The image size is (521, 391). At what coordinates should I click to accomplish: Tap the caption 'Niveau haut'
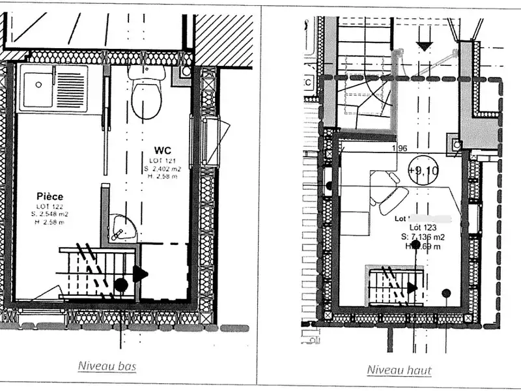399,370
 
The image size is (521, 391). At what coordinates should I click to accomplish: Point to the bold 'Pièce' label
50,195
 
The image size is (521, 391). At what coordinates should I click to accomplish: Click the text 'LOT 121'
162,160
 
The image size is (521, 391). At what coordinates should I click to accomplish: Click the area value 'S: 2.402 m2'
164,168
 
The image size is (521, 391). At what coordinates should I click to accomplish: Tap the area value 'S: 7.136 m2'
423,237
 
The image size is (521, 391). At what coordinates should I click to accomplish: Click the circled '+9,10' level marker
423,171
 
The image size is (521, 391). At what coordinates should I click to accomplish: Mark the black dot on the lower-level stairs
120,284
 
